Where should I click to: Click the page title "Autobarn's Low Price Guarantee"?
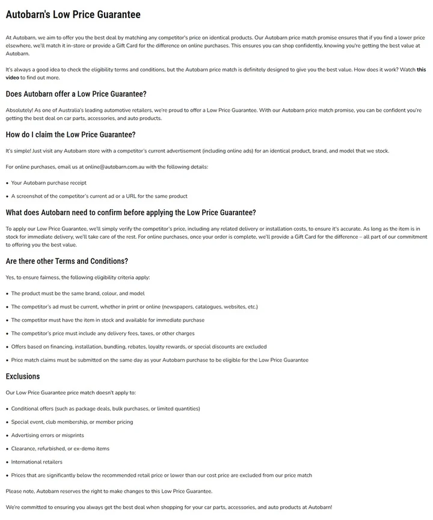pyautogui.click(x=73, y=14)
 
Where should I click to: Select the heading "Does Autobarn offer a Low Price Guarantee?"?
pyautogui.click(x=76, y=94)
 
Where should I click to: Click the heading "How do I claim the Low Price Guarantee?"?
pyautogui.click(x=70, y=134)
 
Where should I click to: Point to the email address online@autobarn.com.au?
pyautogui.click(x=115, y=167)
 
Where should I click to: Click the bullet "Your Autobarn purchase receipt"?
pyautogui.click(x=49, y=183)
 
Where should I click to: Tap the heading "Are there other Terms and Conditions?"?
pyautogui.click(x=67, y=261)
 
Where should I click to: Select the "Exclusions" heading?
pyautogui.click(x=23, y=376)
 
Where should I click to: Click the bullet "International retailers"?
pyautogui.click(x=37, y=462)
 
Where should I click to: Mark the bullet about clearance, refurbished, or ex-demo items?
pyautogui.click(x=60, y=448)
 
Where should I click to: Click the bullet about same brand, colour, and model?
pyautogui.click(x=78, y=293)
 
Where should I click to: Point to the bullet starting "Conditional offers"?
pyautogui.click(x=106, y=409)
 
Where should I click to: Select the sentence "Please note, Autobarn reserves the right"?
pyautogui.click(x=109, y=491)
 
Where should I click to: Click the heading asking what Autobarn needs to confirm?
pyautogui.click(x=131, y=212)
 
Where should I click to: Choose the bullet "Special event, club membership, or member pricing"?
pyautogui.click(x=72, y=422)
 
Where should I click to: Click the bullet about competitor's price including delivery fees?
pyautogui.click(x=103, y=333)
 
